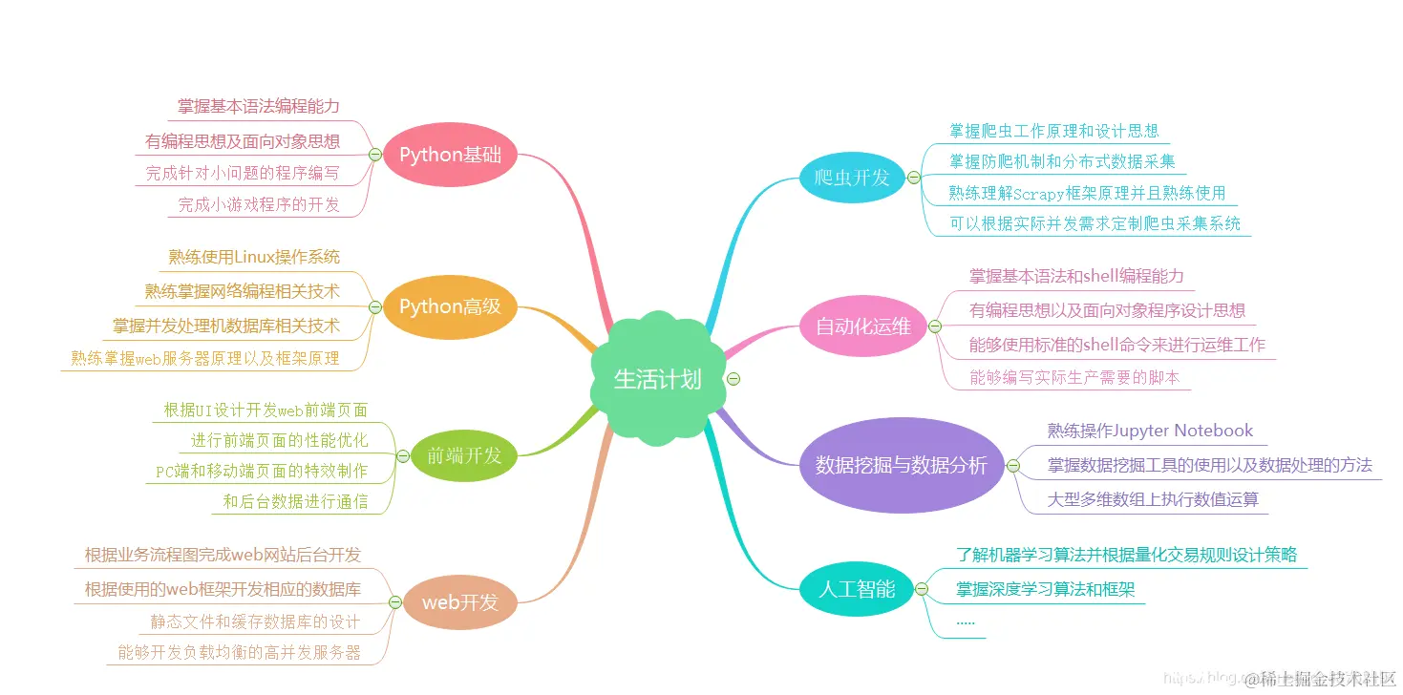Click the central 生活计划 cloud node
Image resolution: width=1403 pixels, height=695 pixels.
click(x=657, y=379)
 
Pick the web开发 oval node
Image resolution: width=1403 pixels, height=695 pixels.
click(x=460, y=602)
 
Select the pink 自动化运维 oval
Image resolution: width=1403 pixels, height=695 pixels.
click(x=863, y=326)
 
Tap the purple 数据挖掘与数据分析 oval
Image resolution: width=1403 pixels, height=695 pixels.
click(x=901, y=465)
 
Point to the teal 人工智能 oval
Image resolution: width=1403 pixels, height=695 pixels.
click(x=857, y=588)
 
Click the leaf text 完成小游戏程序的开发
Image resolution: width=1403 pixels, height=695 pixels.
click(x=259, y=204)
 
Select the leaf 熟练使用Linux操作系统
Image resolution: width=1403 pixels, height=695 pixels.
click(x=254, y=257)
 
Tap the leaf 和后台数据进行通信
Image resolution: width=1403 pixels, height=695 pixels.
click(x=295, y=501)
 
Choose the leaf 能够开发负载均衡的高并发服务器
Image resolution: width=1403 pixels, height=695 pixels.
click(x=240, y=652)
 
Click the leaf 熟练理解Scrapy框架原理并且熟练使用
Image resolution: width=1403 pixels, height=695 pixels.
click(x=1087, y=193)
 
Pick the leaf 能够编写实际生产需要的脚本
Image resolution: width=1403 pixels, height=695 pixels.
click(x=1074, y=377)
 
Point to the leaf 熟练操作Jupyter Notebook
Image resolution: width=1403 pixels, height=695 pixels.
click(x=1150, y=431)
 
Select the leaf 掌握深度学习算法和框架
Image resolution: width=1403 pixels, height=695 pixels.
click(x=1045, y=590)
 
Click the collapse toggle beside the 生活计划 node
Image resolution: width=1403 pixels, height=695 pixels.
click(x=733, y=378)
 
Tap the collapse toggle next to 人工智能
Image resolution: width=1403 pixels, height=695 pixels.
click(x=921, y=589)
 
